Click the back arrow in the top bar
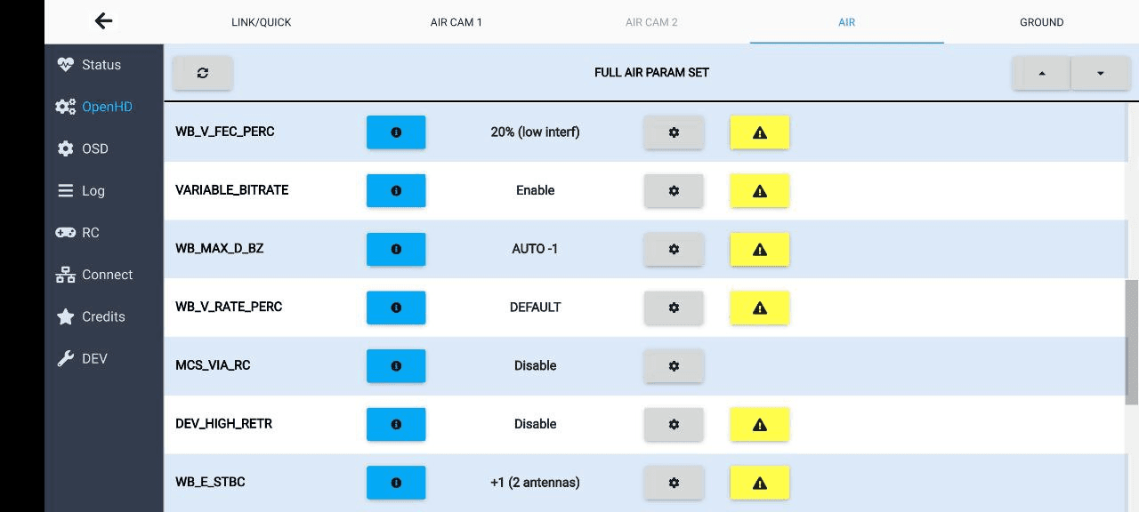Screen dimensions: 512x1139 (104, 21)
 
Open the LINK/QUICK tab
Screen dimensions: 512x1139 (262, 22)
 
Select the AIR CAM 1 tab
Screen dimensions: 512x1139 (456, 22)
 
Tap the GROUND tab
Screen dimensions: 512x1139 (1041, 22)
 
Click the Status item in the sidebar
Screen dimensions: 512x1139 (89, 65)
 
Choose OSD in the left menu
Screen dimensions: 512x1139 (83, 148)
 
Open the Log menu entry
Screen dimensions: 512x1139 (81, 191)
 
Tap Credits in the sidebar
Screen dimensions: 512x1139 (91, 316)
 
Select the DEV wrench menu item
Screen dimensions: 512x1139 (82, 359)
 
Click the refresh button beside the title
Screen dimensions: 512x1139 (203, 73)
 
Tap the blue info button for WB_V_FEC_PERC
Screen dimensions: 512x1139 (396, 132)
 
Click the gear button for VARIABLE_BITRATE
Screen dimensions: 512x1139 (674, 191)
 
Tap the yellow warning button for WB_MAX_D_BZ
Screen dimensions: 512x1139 (760, 250)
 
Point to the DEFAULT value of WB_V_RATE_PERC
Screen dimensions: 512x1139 (535, 308)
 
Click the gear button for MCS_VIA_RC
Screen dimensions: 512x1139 (674, 366)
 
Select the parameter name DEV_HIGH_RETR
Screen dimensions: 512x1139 (223, 424)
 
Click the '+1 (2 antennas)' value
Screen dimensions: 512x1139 (535, 483)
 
